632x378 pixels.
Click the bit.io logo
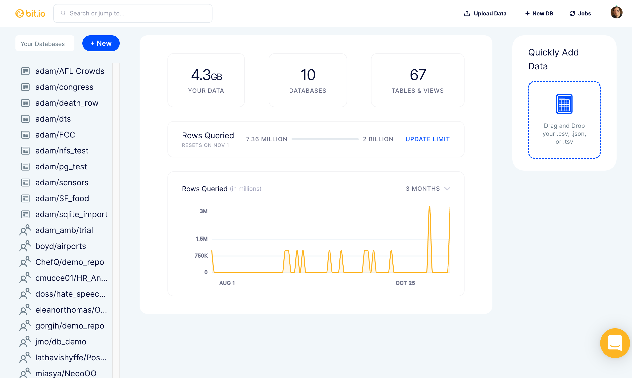click(x=30, y=13)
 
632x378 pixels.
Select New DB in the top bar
click(x=539, y=13)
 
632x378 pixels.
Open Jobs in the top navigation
click(x=580, y=13)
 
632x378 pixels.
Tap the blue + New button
click(x=101, y=43)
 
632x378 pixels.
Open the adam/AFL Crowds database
click(x=70, y=71)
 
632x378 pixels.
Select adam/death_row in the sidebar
click(x=67, y=103)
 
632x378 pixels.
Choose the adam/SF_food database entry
click(x=62, y=198)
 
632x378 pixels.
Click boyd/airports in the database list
click(x=61, y=246)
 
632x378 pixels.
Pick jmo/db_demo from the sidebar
click(x=61, y=342)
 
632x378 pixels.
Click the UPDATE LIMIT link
click(x=428, y=139)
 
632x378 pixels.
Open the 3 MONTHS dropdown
click(x=428, y=189)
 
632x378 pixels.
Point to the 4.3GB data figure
click(x=207, y=75)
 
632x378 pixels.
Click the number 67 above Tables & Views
click(x=418, y=75)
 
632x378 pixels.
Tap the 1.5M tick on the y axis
click(x=202, y=239)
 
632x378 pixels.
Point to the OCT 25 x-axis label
click(x=405, y=283)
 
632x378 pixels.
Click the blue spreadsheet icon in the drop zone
click(x=564, y=104)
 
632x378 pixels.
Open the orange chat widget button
click(x=615, y=343)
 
